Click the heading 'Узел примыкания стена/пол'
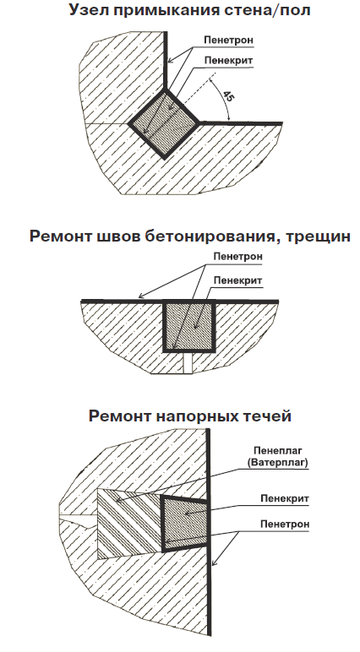(x=189, y=9)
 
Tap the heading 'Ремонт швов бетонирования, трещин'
(x=190, y=236)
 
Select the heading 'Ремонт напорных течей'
(x=190, y=416)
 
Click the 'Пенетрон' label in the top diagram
(x=228, y=40)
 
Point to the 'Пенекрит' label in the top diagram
(x=228, y=60)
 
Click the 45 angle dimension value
(x=228, y=97)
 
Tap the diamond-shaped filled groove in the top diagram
(x=164, y=123)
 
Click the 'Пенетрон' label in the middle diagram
(x=238, y=257)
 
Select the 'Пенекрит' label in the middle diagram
(x=238, y=280)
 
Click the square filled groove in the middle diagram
(x=189, y=326)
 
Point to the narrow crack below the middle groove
(x=188, y=362)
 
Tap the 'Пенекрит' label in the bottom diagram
(x=285, y=498)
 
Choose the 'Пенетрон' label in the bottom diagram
(x=285, y=524)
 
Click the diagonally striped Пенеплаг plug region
(x=129, y=524)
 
